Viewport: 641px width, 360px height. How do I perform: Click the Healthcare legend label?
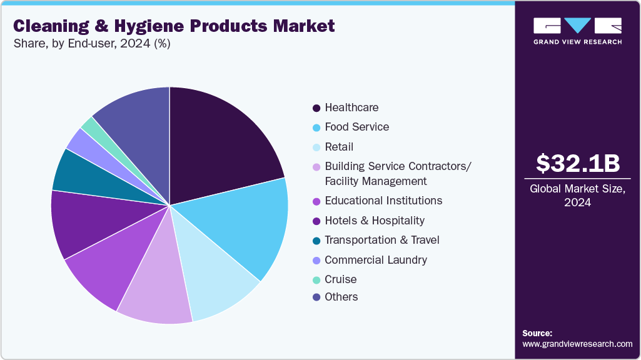point(351,107)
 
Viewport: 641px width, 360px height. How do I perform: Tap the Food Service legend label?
point(356,127)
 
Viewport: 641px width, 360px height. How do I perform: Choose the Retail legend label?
point(339,147)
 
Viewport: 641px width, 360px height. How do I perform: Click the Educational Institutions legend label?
point(383,201)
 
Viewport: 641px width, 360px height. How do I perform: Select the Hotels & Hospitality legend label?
point(375,221)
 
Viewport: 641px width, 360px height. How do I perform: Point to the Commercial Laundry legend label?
point(376,259)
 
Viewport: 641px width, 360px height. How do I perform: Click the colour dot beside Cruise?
point(316,279)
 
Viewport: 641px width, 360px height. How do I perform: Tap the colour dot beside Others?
point(316,297)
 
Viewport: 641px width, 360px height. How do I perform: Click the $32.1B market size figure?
point(578,164)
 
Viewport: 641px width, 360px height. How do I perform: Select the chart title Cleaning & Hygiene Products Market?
point(174,26)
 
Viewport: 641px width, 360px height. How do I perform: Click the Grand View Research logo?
point(577,31)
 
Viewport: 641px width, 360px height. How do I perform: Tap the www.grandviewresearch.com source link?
point(577,344)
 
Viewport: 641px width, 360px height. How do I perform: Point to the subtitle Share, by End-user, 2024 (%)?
point(91,44)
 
